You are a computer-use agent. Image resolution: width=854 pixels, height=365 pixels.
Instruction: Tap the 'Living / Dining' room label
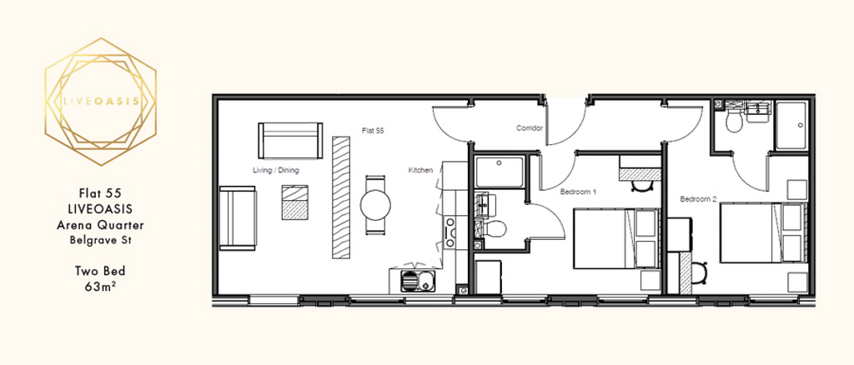(276, 170)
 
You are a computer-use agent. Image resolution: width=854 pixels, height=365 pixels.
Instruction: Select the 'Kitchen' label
(420, 170)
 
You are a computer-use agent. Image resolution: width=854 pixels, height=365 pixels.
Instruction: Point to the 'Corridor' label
(530, 128)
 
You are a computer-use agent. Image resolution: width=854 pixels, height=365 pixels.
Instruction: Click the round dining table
(375, 204)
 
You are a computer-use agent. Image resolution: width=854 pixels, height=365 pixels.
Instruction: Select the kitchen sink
(417, 281)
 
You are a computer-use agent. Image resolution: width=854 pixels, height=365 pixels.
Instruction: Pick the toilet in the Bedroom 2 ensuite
(734, 120)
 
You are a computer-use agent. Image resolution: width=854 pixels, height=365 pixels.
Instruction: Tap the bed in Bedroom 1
(616, 238)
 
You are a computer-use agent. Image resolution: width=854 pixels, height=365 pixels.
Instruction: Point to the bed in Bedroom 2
(763, 232)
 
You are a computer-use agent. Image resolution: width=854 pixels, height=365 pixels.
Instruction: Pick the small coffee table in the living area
(294, 202)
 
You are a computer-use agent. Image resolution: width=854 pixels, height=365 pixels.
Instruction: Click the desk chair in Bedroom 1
(640, 186)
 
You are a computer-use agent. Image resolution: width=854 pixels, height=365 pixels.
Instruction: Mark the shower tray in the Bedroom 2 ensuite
(792, 126)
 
